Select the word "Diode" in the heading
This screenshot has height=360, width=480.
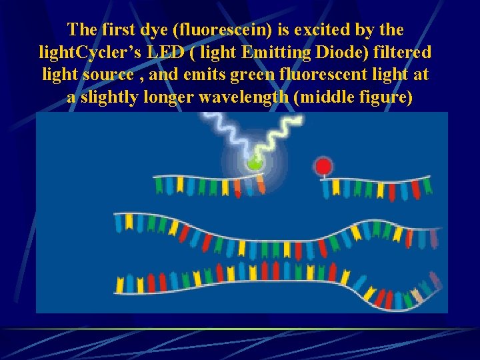[347, 52]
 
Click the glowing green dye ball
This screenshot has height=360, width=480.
[254, 163]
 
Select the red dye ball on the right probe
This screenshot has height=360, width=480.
[323, 165]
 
